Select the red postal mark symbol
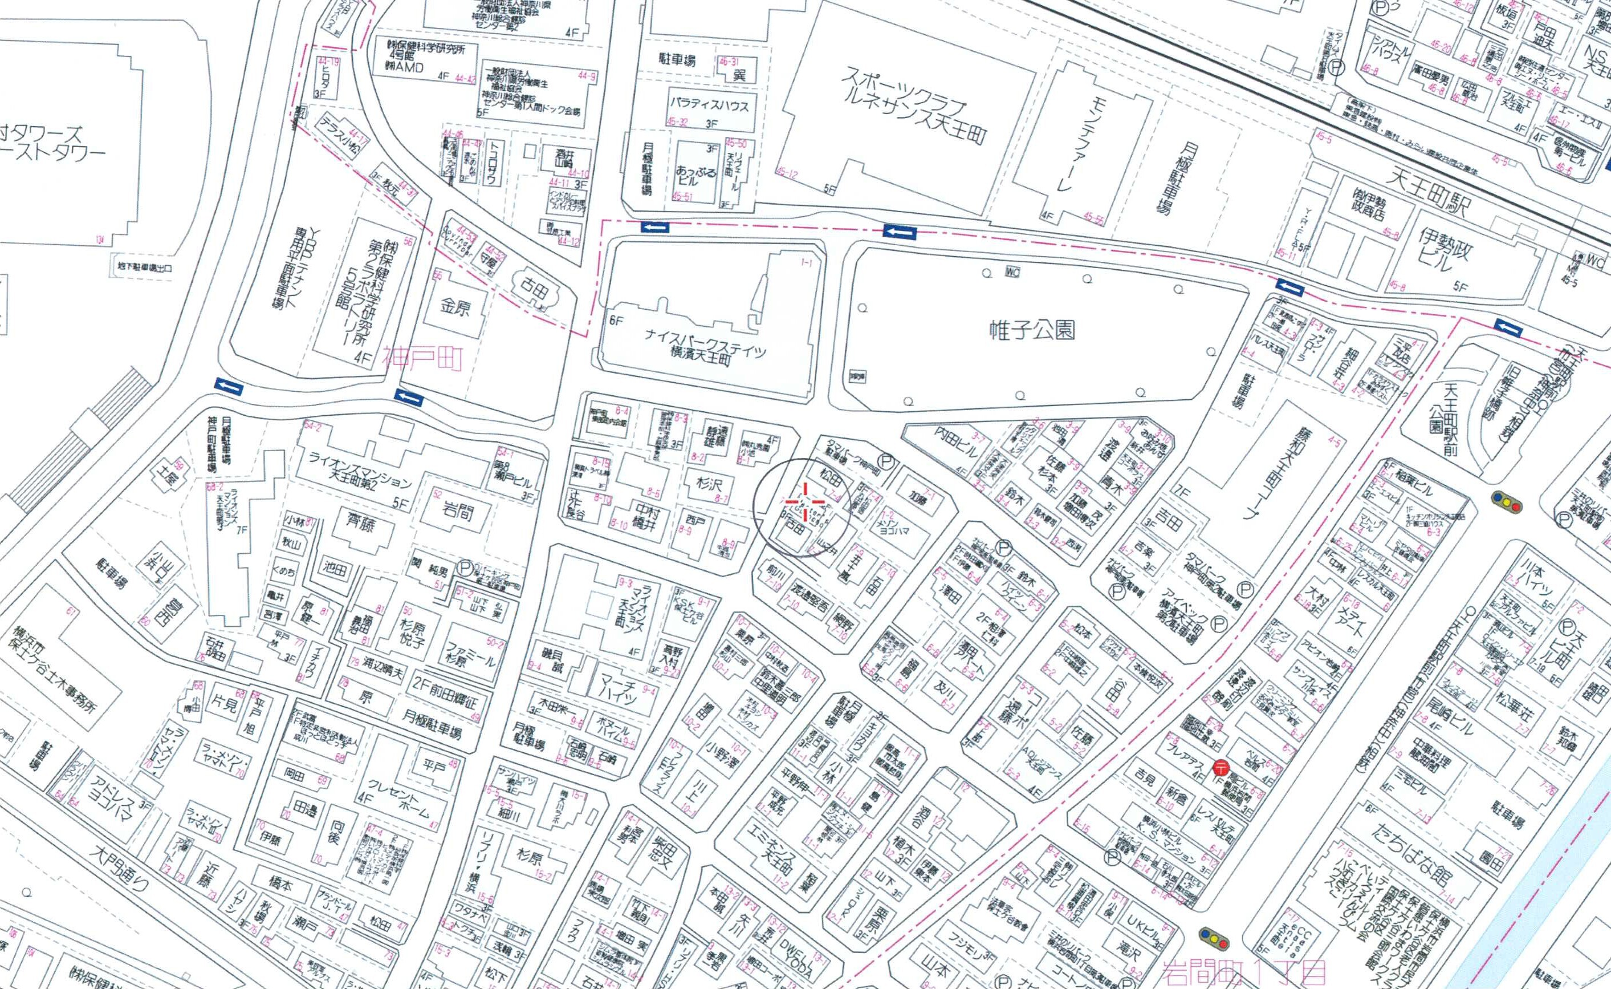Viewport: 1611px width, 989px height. (x=1220, y=767)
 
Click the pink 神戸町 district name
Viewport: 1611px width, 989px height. (x=423, y=360)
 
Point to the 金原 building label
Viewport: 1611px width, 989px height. (x=454, y=306)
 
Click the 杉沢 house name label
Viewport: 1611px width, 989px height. (x=709, y=485)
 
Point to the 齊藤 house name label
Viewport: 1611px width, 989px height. (x=359, y=522)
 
